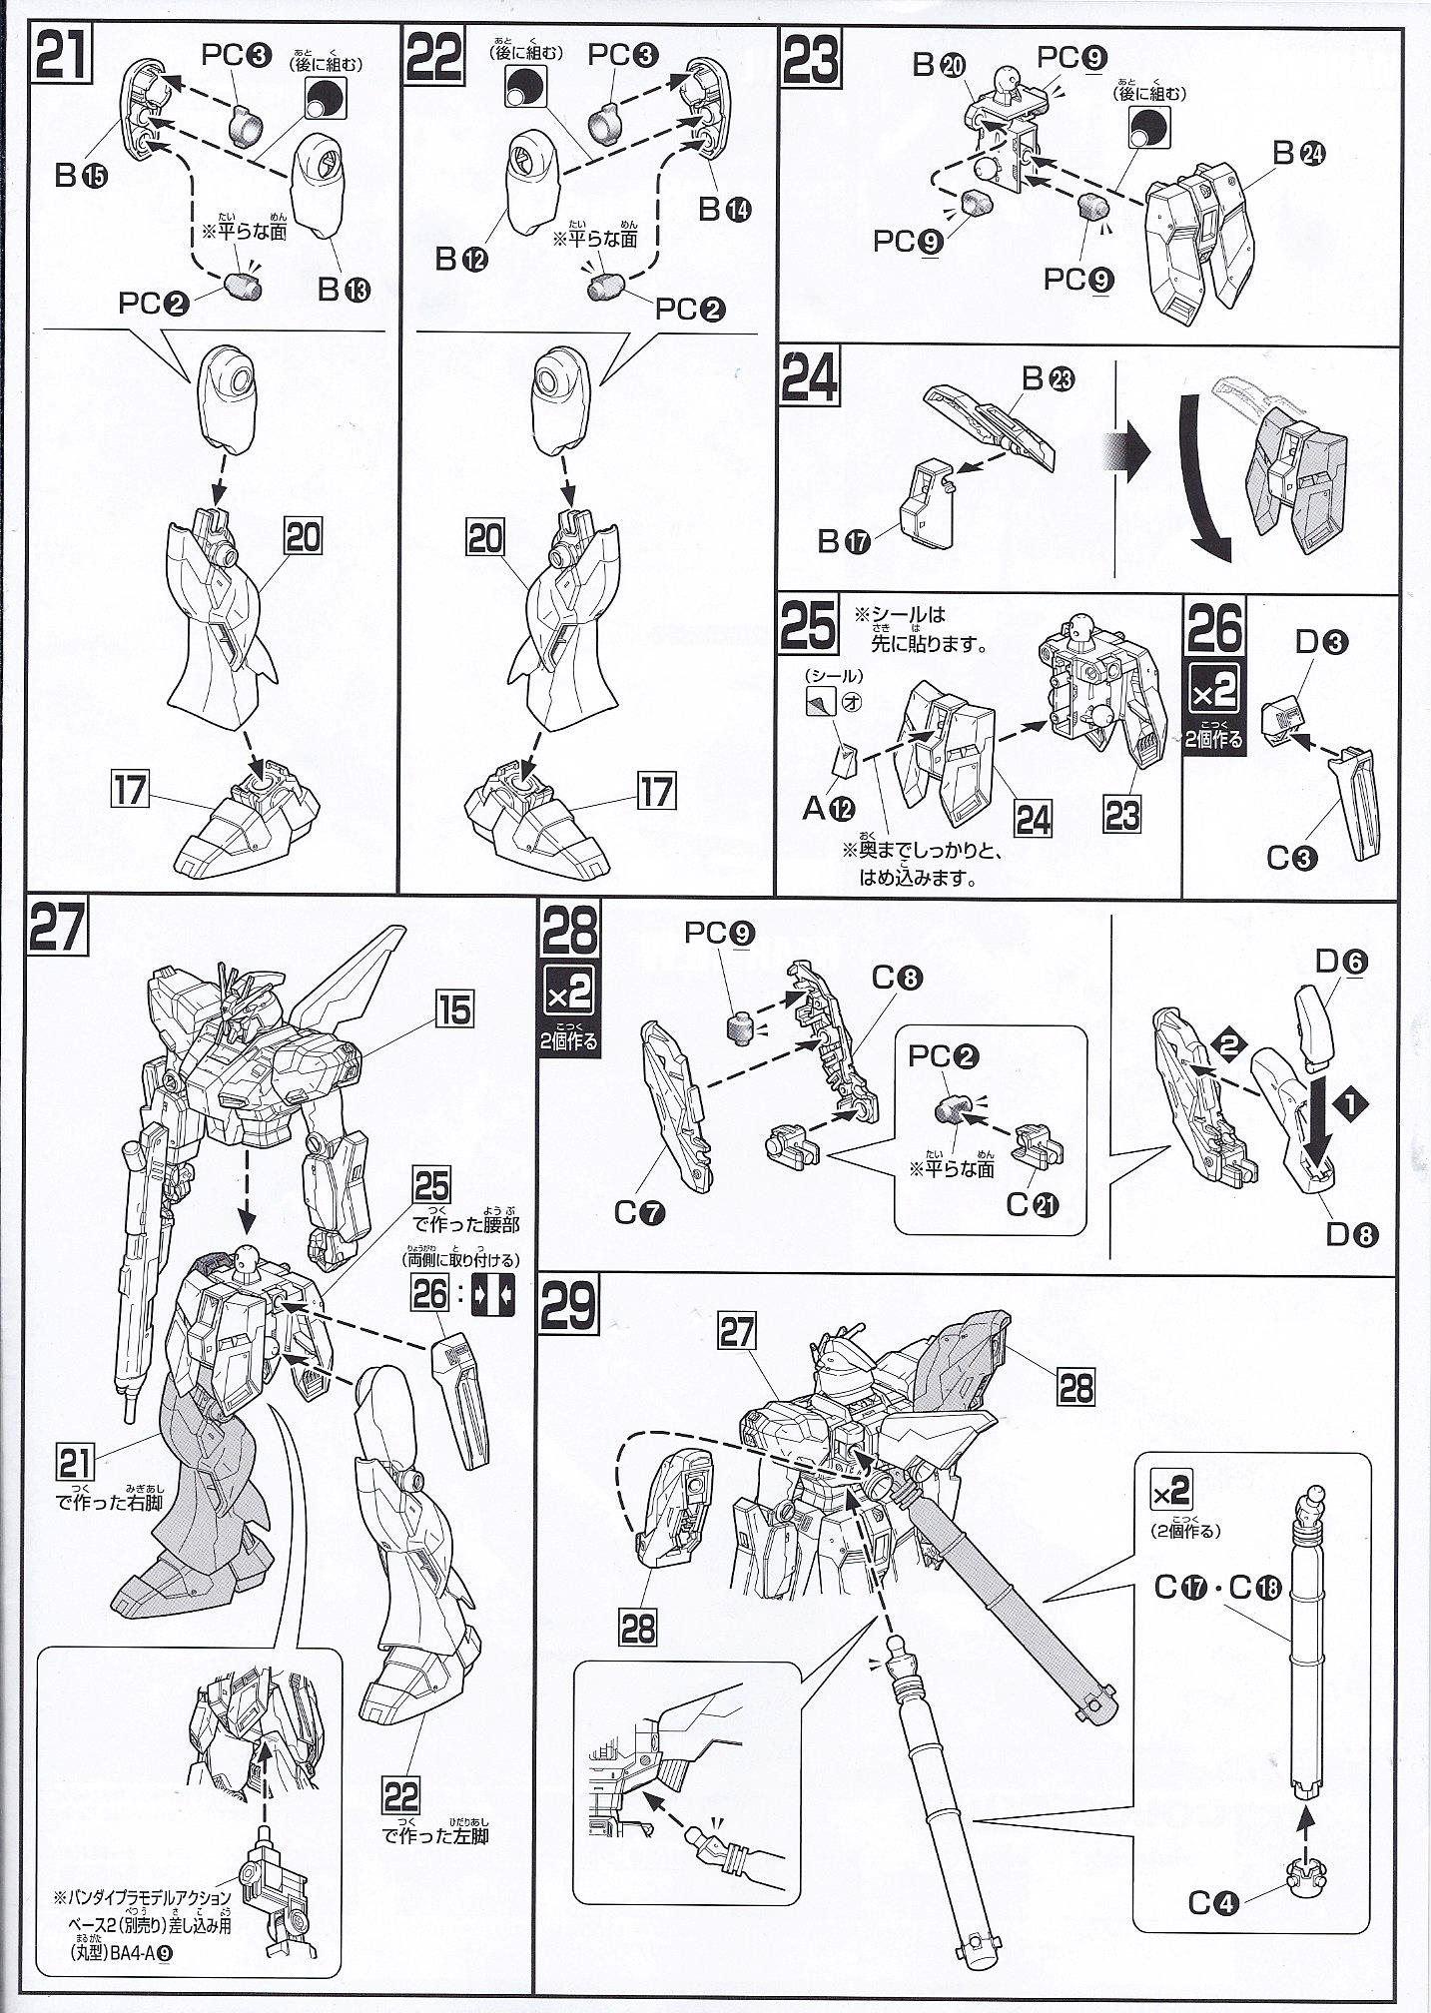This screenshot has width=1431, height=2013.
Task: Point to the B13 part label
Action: coord(344,291)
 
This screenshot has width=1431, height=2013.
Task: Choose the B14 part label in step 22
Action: coord(724,209)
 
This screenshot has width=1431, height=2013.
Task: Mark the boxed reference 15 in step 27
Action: coord(453,1009)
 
